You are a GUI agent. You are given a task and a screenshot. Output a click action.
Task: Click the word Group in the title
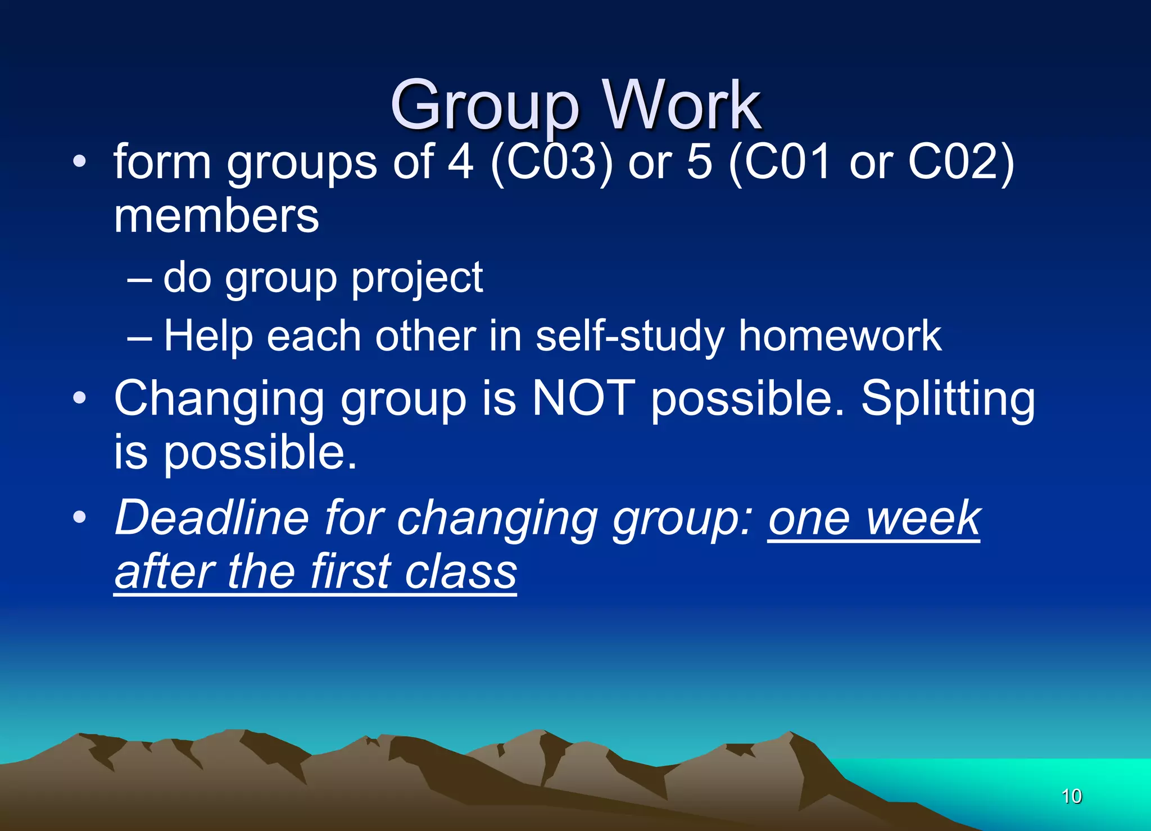(x=484, y=106)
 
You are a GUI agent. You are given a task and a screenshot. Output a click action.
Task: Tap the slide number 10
(x=1071, y=796)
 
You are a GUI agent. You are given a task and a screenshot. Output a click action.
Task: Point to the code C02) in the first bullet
(x=961, y=162)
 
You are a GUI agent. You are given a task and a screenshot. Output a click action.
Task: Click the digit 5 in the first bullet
(x=699, y=162)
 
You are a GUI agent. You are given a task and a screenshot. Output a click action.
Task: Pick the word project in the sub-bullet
(x=417, y=278)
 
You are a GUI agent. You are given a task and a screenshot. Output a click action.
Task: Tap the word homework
(x=840, y=336)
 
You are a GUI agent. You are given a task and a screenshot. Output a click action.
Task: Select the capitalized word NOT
(x=583, y=398)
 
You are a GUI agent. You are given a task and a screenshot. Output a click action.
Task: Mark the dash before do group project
(x=139, y=279)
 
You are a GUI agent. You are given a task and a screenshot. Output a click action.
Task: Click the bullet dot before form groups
(x=80, y=162)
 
